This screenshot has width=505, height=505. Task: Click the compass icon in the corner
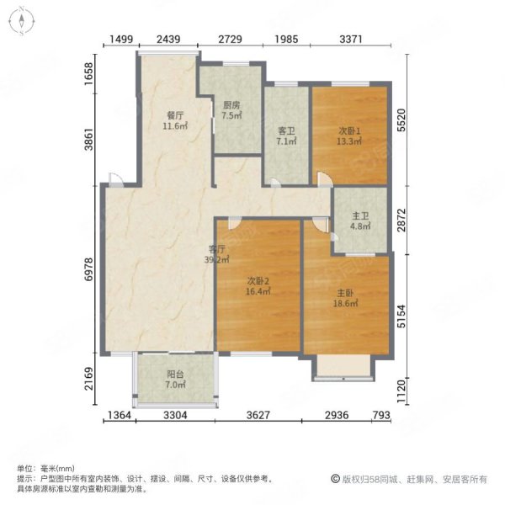coord(22,21)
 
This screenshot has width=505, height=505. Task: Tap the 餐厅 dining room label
coord(175,115)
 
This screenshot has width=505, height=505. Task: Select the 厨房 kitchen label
coord(231,105)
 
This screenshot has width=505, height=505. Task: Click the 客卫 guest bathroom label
coord(287,130)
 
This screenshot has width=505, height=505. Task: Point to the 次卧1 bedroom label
coord(349,130)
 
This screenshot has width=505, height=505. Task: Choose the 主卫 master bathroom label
coord(360,215)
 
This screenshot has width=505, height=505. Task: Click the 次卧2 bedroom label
coord(258,281)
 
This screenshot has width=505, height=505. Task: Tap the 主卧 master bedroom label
coord(345,293)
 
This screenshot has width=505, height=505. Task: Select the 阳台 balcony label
coord(175,375)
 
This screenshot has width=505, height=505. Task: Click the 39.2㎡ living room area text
coord(217,259)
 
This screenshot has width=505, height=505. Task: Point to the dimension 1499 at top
coord(121,39)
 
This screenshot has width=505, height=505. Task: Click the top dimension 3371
coord(351,39)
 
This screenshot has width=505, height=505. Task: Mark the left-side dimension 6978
coord(88,269)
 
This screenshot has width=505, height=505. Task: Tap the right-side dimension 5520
coord(401,120)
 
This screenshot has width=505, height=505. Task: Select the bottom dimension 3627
coord(258,415)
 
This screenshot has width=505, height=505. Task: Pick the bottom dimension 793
coord(381,415)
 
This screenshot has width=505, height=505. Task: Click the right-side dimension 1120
coord(401,391)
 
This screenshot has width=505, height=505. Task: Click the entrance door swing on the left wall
coord(115,179)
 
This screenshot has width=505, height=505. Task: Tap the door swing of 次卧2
coord(235,223)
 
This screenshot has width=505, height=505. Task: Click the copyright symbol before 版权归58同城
coord(335,479)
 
